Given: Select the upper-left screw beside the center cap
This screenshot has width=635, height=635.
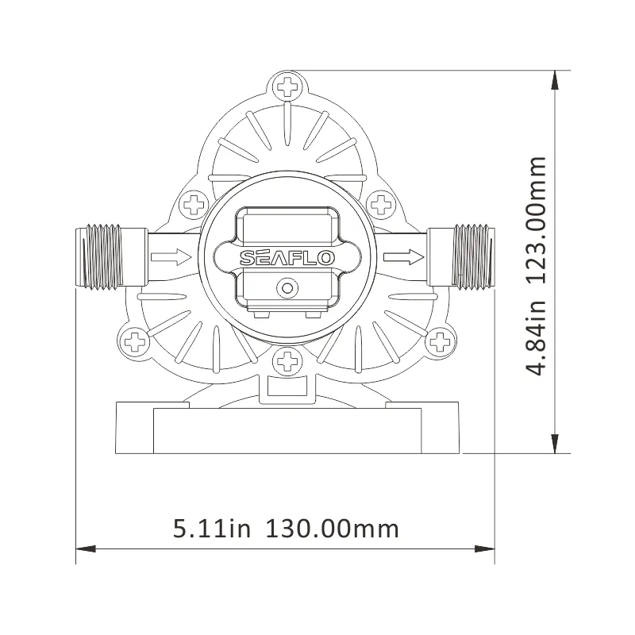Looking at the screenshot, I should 193,206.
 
